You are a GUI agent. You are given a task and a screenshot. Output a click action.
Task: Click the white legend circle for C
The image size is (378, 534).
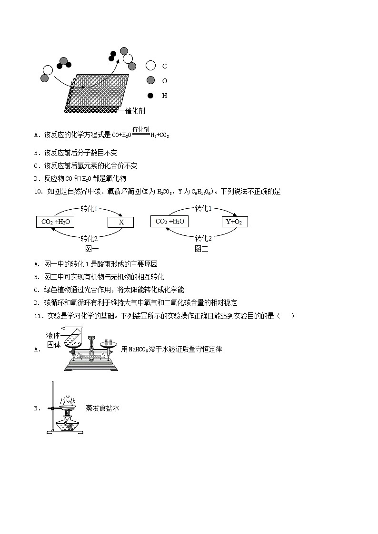point(151,66)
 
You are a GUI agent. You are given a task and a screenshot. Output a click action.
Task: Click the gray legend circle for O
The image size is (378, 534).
point(151,80)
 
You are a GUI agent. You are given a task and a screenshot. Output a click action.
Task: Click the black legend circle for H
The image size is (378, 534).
point(151,96)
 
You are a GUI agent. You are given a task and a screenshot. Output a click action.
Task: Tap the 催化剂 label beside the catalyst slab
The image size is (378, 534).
point(135,111)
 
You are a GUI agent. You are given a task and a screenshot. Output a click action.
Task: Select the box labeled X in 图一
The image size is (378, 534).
point(121,222)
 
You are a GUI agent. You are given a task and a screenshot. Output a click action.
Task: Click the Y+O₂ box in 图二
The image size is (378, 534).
point(235,222)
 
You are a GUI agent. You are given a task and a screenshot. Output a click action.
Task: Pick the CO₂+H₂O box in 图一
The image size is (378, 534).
point(55,222)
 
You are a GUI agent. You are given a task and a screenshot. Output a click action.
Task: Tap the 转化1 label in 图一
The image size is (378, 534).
point(90,209)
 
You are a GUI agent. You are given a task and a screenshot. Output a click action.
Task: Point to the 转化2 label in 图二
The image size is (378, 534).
point(203,238)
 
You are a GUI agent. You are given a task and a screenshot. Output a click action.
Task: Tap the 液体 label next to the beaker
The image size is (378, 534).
point(53,335)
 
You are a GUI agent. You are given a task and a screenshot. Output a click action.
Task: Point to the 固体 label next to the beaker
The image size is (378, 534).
point(53,345)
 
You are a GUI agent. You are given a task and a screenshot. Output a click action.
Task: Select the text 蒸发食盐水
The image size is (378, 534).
point(102,408)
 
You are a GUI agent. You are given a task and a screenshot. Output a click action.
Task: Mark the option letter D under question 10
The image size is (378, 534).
point(37,303)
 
